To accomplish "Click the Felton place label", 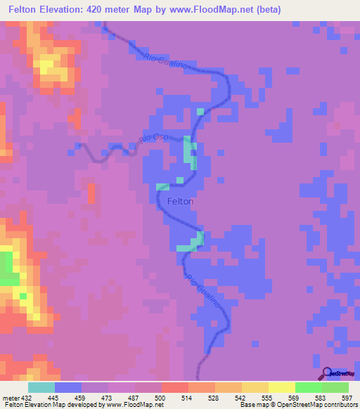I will point(181,201).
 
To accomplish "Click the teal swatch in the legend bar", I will point(41,387).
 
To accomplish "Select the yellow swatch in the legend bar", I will point(281,387).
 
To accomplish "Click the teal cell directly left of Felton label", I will point(162,187).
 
